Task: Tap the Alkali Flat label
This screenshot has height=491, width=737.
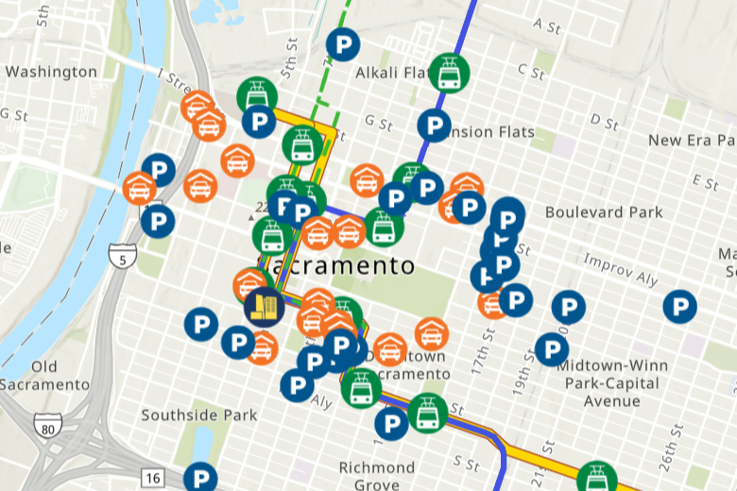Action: coord(392,73)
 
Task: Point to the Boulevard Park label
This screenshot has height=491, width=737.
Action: coord(604,212)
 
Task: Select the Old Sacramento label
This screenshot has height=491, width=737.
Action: coord(44,375)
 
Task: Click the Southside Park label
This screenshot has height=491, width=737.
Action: coord(198,415)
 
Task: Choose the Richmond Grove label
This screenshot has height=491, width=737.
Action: coord(377,476)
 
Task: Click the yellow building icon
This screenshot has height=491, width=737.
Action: coord(264,304)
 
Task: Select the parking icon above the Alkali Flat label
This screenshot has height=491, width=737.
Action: coord(343,44)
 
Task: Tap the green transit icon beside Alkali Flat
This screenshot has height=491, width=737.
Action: coord(448,73)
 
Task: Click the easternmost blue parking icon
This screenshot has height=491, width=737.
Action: coord(679,306)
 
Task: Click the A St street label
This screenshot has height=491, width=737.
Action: coord(547,25)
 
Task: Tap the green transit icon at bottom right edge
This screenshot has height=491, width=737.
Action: coord(596,478)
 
